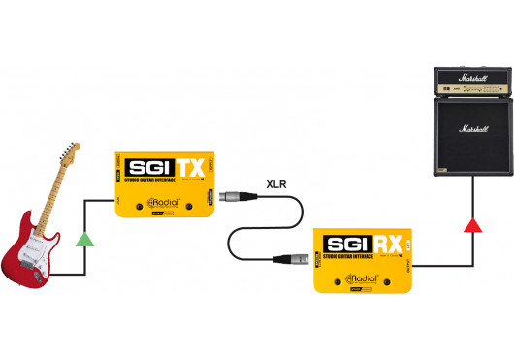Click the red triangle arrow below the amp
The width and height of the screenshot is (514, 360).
(x=473, y=225)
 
